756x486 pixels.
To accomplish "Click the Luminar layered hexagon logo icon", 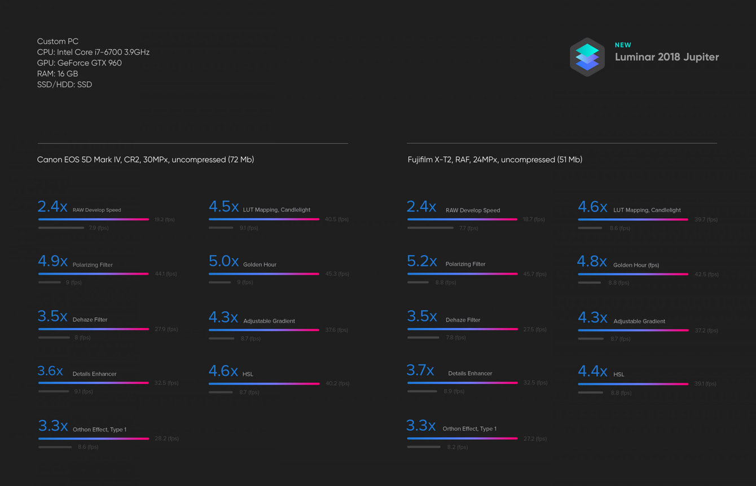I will pyautogui.click(x=587, y=57).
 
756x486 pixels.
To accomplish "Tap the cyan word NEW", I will pyautogui.click(x=623, y=45).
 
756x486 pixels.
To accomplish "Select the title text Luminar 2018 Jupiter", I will pyautogui.click(x=666, y=57).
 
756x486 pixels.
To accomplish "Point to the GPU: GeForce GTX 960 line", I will pyautogui.click(x=79, y=63).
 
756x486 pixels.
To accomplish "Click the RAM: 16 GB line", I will pyautogui.click(x=58, y=74).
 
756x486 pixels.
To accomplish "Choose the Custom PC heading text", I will pyautogui.click(x=58, y=41).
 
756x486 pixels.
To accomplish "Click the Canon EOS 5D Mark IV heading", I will pyautogui.click(x=146, y=160).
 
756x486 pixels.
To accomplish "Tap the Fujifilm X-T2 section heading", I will pyautogui.click(x=495, y=160).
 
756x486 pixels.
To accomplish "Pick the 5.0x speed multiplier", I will pyautogui.click(x=223, y=262).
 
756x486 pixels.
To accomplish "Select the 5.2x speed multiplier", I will pyautogui.click(x=421, y=262).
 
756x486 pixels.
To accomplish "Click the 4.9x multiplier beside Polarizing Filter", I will pyautogui.click(x=52, y=262).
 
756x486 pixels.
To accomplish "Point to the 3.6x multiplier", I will pyautogui.click(x=50, y=371).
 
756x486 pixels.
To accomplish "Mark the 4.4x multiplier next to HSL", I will pyautogui.click(x=592, y=372).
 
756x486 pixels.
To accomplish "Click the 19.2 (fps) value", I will pyautogui.click(x=165, y=219).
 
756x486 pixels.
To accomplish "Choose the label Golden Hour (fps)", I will pyautogui.click(x=636, y=265).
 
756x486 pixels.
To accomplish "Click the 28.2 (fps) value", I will pyautogui.click(x=166, y=439).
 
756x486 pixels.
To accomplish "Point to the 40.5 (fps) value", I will pyautogui.click(x=337, y=219).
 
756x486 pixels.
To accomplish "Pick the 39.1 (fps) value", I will pyautogui.click(x=705, y=384).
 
